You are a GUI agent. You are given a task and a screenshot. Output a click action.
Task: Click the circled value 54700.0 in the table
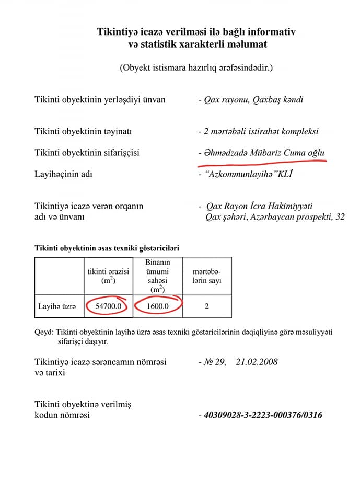pos(107,306)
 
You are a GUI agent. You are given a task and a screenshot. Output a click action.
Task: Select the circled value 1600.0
pos(157,306)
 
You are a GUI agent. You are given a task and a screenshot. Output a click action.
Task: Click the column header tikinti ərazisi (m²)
pos(108,276)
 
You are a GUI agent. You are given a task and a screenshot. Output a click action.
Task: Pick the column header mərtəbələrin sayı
pos(207,276)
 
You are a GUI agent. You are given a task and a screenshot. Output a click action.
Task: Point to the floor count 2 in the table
pos(207,306)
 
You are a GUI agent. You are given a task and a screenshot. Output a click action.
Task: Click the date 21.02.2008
pos(257,362)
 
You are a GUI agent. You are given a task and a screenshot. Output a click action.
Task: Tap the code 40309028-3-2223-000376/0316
pos(263,415)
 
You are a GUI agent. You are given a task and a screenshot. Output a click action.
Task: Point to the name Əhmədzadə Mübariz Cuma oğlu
pos(265,153)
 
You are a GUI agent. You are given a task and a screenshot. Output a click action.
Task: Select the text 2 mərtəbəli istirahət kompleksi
pos(262,131)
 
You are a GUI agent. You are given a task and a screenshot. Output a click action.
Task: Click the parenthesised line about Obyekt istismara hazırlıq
pos(196,67)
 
